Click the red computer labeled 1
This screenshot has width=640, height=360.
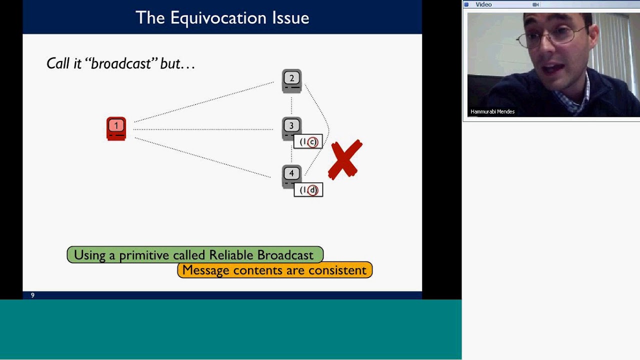116,128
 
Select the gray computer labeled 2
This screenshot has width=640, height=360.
291,80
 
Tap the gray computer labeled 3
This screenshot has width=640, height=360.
291,128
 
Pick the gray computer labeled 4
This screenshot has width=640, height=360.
291,175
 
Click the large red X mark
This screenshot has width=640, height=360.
345,159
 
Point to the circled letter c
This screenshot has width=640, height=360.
312,142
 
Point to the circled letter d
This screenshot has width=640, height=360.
312,190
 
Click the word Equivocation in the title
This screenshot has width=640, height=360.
218,18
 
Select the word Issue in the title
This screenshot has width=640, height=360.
290,18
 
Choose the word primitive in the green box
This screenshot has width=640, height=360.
144,255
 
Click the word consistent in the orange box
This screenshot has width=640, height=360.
337,270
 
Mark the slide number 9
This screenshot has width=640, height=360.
32,295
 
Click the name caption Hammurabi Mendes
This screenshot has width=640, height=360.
492,111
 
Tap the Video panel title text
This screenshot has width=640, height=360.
483,4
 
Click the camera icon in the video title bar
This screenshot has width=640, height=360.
535,4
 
